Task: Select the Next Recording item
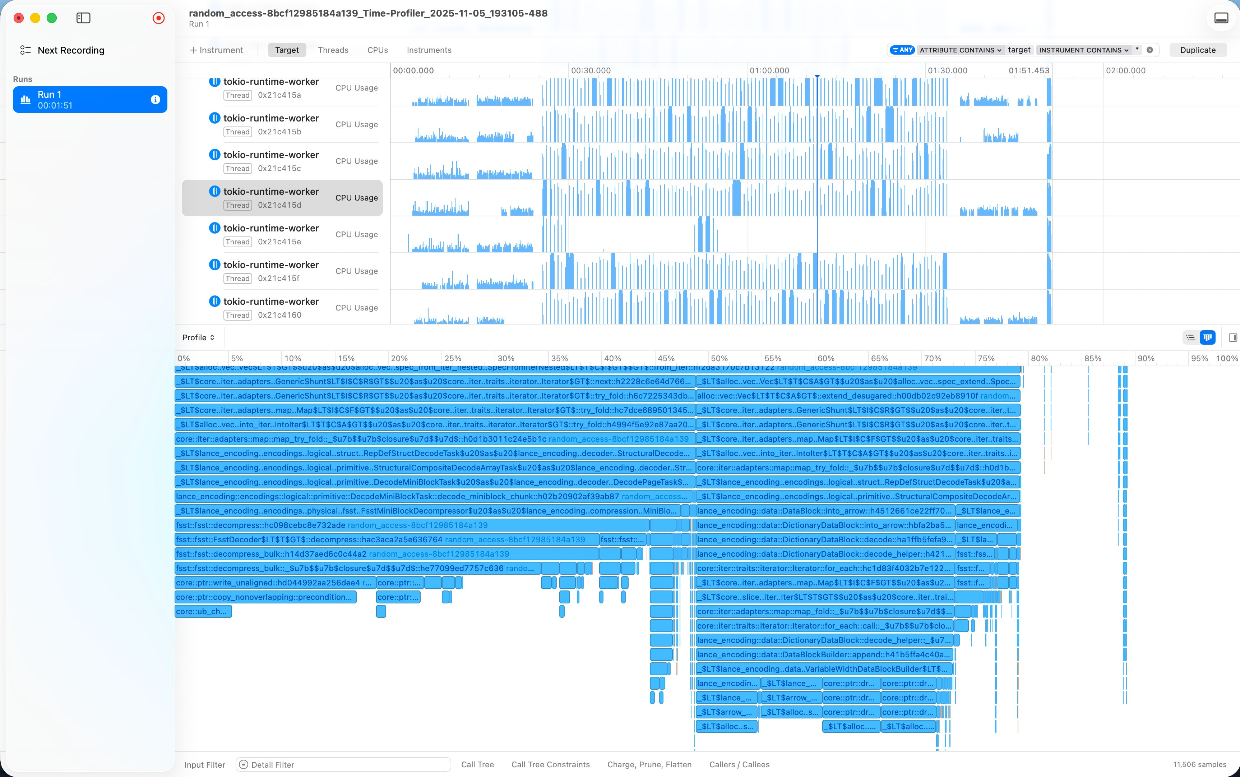(x=71, y=50)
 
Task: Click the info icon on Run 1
(x=155, y=100)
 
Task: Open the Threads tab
(x=333, y=50)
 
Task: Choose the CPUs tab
(x=378, y=50)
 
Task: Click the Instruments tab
(x=429, y=50)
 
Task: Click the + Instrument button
(x=216, y=50)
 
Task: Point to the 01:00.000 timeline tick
(x=769, y=71)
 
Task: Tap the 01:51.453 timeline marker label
(x=1028, y=71)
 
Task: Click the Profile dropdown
(x=198, y=337)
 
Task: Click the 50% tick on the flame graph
(x=719, y=359)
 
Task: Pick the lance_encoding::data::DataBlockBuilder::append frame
(x=824, y=655)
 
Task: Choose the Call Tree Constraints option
(x=550, y=765)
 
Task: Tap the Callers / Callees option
(x=739, y=765)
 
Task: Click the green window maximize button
(x=52, y=18)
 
